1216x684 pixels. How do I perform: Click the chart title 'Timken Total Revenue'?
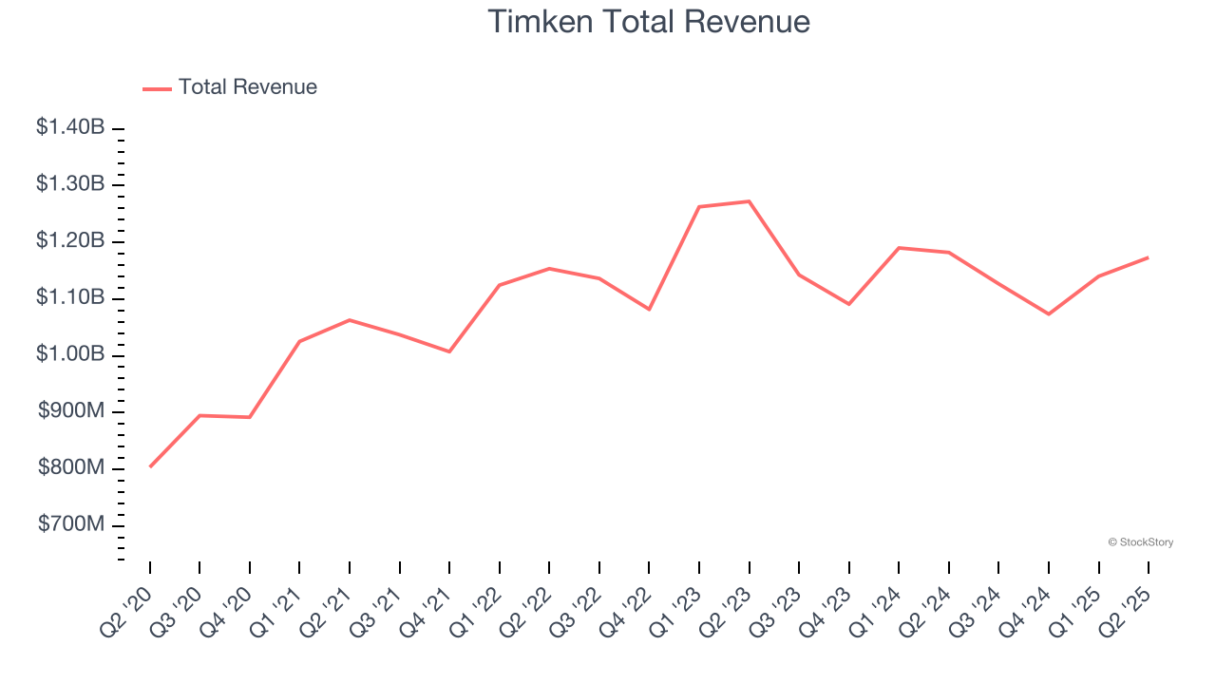[649, 21]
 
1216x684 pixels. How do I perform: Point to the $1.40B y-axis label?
[70, 126]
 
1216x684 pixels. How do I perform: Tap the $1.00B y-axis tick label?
[70, 354]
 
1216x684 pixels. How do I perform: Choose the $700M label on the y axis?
[70, 525]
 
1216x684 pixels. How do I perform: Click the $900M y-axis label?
[70, 411]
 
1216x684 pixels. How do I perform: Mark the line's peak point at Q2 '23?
[749, 201]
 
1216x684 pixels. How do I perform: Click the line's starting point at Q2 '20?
[150, 466]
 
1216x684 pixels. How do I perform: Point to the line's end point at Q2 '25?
[1148, 257]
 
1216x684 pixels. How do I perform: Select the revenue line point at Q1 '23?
[699, 206]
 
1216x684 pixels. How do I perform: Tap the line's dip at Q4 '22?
[649, 309]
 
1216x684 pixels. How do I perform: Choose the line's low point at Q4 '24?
[1048, 313]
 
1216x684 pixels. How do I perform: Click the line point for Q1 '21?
[299, 341]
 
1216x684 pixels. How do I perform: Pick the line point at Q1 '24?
[899, 248]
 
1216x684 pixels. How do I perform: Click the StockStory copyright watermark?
[1140, 542]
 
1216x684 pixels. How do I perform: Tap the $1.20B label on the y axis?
[70, 240]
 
